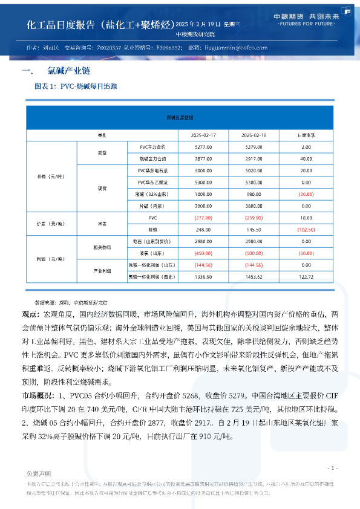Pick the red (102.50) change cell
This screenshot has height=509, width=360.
(x=306, y=230)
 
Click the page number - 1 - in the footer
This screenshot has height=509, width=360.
(x=332, y=467)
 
